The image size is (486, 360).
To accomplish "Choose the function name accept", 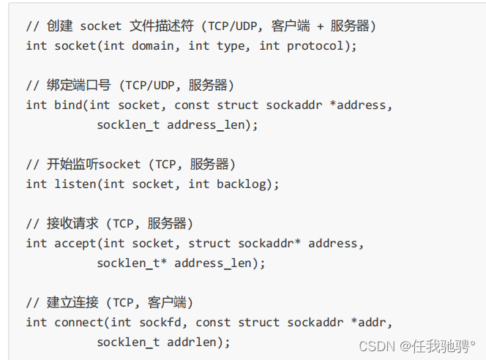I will pyautogui.click(x=76, y=243).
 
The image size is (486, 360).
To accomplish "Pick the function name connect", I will pyautogui.click(x=79, y=322).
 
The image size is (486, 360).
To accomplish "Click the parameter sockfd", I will pyautogui.click(x=160, y=322).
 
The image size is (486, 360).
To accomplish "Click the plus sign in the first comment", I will pyautogui.click(x=320, y=26).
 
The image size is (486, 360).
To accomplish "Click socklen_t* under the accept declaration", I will pyautogui.click(x=132, y=263).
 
